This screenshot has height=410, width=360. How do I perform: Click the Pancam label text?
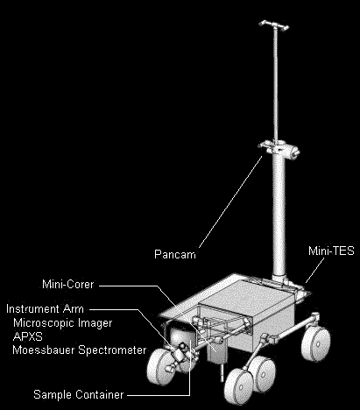point(175,254)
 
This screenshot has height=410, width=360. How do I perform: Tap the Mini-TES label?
point(331,251)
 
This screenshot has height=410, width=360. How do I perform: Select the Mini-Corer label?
point(68,284)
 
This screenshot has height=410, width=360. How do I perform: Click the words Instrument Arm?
point(45,308)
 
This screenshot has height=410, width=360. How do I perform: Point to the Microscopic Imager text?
point(63,322)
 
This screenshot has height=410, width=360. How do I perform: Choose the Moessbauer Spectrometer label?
point(80,350)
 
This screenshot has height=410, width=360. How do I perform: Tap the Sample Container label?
point(79,394)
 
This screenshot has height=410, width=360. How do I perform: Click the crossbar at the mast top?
point(274,25)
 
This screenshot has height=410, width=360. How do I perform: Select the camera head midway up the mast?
point(279,149)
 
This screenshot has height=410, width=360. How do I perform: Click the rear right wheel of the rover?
point(316,344)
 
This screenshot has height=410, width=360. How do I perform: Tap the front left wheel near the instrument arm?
point(159,367)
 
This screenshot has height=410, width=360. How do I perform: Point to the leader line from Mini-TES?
point(315,270)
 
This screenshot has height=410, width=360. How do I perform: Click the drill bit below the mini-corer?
point(222,372)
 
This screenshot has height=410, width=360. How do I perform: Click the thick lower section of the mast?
point(279,217)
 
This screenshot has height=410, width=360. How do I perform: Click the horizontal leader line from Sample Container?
point(159,395)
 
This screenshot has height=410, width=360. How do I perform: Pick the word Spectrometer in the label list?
point(113,350)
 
